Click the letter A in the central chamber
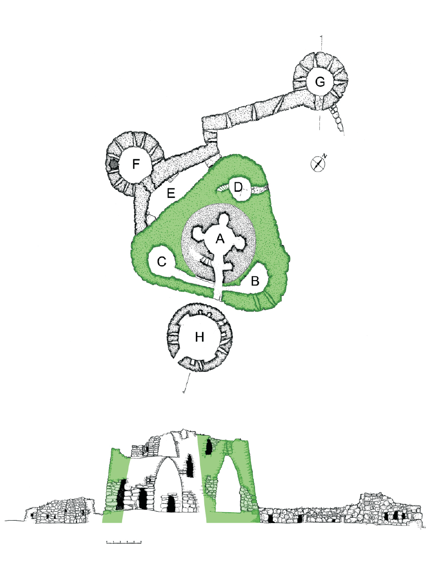tap(220, 239)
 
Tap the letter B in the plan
tap(255, 281)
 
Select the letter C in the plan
tap(162, 262)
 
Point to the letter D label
tap(238, 187)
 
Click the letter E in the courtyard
tap(171, 194)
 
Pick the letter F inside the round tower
tap(136, 164)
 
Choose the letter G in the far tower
tap(320, 82)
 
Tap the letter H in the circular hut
tap(200, 337)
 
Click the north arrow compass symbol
tap(318, 164)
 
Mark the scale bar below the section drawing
tap(124, 542)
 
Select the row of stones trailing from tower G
tap(338, 118)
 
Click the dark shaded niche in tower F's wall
tap(113, 164)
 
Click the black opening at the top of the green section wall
tap(208, 447)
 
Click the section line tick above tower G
tap(322, 42)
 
